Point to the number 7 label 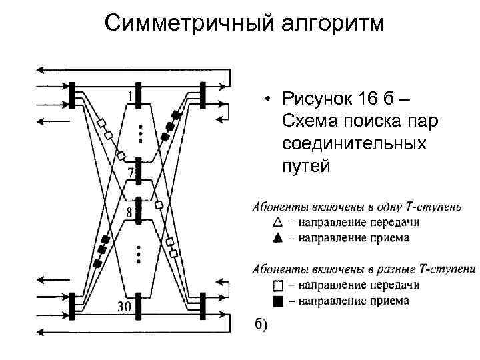(131, 174)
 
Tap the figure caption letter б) (259, 325)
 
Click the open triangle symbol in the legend (277, 222)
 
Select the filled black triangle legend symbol (277, 237)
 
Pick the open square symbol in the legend (277, 285)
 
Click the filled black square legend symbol (277, 301)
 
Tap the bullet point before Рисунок (266, 101)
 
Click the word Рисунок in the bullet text (319, 101)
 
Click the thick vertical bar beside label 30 (137, 309)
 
